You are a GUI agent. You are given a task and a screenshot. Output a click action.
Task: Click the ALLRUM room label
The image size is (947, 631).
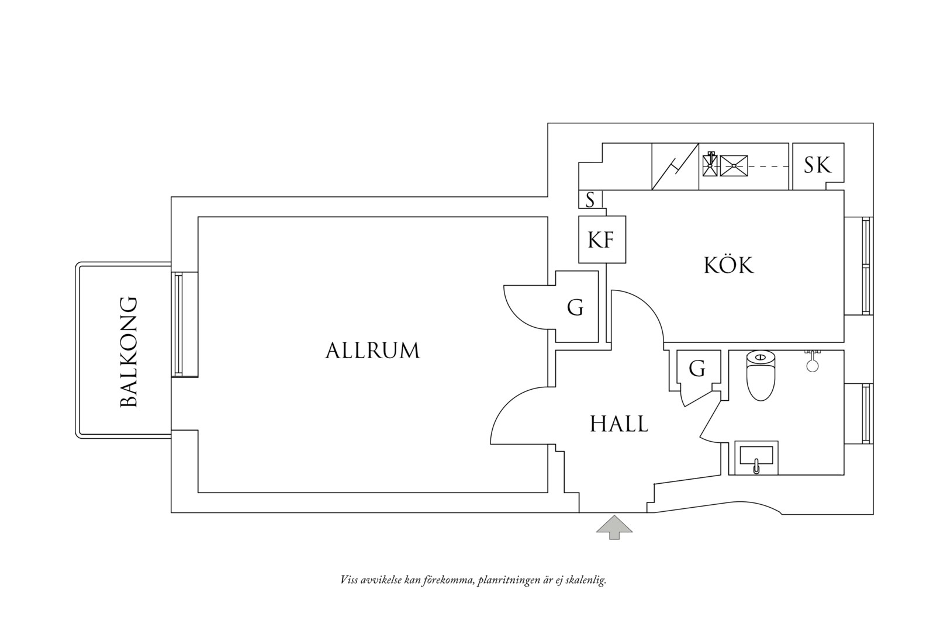tap(372, 351)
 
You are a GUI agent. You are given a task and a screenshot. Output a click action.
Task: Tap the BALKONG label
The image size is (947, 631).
tap(129, 352)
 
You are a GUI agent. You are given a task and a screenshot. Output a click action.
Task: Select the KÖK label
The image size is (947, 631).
tap(728, 265)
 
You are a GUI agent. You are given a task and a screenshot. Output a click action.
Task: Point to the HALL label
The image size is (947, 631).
tap(619, 424)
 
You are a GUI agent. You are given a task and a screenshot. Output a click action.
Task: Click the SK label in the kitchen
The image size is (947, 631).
tap(818, 165)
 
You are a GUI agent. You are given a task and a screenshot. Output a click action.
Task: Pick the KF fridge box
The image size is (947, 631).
tap(602, 239)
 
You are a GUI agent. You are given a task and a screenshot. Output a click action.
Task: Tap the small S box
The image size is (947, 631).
tap(590, 199)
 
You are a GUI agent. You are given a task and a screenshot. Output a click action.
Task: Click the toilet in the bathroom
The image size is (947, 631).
tap(761, 376)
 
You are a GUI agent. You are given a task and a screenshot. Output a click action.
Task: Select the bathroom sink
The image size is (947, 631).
tap(756, 457)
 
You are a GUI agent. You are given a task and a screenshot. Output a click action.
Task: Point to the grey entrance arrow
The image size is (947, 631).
tap(614, 527)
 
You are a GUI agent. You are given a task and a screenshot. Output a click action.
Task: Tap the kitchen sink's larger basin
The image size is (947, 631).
tap(734, 166)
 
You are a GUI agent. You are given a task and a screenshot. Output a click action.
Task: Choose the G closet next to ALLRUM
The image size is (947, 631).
tap(576, 306)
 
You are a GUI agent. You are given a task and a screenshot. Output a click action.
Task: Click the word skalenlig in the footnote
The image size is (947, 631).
tap(585, 580)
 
